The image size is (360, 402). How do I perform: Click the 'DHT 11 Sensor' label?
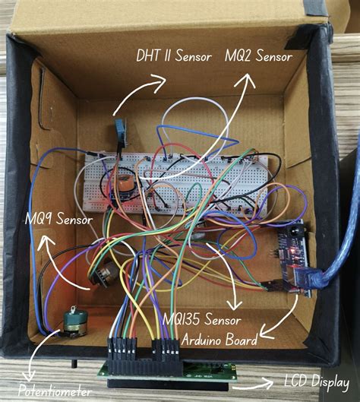coord(172,55)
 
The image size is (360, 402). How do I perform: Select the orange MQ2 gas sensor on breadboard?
coord(122,185)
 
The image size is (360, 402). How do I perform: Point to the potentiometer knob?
coord(75,324)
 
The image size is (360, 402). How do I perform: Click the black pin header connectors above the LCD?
coord(144,352)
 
